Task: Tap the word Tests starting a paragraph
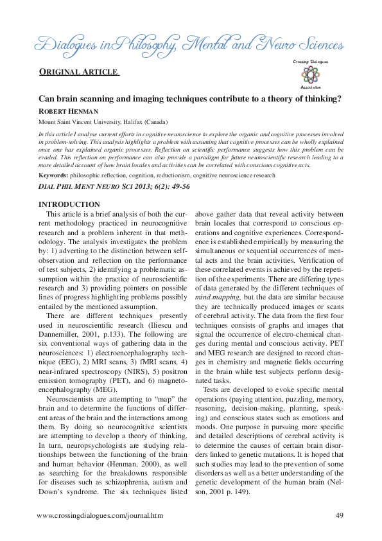[x=213, y=390]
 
